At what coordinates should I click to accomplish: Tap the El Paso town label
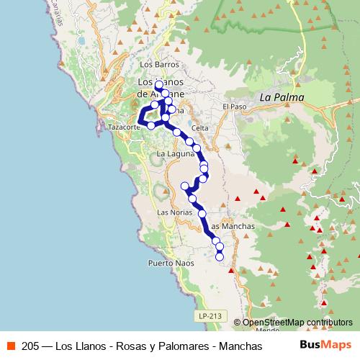coord(234,107)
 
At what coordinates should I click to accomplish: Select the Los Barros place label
coord(161,64)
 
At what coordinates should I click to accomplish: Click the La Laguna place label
coord(176,153)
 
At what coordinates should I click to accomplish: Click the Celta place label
coord(200,128)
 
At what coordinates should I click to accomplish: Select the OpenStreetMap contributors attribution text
coord(297,323)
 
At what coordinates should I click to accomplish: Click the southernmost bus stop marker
coord(220,256)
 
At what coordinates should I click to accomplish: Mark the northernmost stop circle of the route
coord(158,85)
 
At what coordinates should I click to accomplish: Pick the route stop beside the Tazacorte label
coord(150,125)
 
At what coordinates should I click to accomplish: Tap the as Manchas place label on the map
coord(235,226)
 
